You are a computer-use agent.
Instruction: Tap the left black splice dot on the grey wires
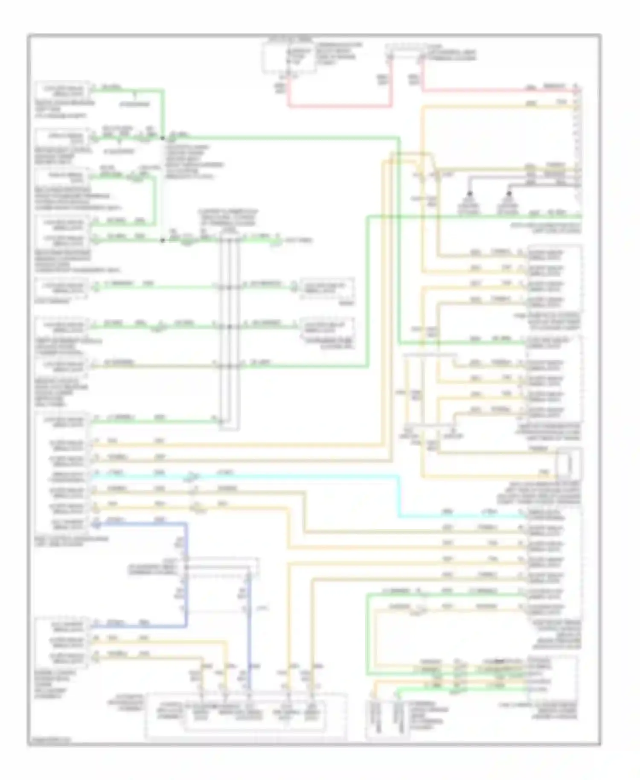click(469, 193)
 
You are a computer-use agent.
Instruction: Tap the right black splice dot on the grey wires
click(508, 193)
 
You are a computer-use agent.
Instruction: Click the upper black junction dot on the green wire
click(162, 138)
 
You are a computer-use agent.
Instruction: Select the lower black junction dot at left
click(162, 240)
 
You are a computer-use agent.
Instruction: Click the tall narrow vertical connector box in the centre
click(229, 329)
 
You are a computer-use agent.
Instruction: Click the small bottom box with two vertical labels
click(387, 719)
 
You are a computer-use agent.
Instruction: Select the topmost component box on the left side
click(63, 90)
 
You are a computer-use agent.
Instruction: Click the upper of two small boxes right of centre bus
click(327, 288)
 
